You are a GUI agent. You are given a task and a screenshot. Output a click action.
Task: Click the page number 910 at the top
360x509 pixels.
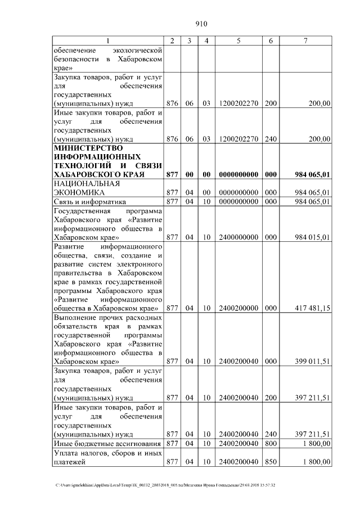(x=201, y=24)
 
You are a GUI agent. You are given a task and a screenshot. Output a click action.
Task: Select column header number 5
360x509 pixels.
(x=238, y=40)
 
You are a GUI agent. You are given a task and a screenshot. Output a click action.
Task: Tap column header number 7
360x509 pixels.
(x=305, y=40)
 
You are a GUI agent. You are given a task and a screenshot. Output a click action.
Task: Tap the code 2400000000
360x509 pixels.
(x=238, y=237)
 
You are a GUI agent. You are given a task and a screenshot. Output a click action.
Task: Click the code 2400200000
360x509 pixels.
(x=238, y=308)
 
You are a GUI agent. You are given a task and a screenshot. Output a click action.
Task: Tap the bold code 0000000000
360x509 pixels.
(x=238, y=174)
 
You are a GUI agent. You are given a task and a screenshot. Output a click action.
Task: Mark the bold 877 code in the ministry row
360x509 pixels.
(x=173, y=174)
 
